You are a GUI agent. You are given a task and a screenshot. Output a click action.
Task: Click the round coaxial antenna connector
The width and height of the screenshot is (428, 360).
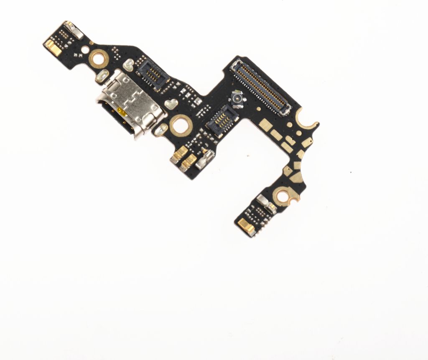(236, 100)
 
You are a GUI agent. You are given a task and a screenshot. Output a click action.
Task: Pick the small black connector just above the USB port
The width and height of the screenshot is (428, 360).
(152, 74)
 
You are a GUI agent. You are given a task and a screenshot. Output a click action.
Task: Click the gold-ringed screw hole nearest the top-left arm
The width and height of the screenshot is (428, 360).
(99, 58)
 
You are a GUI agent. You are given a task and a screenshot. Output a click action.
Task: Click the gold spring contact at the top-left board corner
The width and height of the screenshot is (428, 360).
(53, 47)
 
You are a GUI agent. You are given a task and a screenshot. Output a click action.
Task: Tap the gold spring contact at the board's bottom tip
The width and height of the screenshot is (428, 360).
(244, 226)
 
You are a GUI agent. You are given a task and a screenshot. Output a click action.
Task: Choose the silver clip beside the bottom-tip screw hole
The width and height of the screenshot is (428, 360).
(266, 204)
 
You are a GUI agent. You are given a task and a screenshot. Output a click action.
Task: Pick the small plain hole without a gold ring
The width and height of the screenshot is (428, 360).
(85, 50)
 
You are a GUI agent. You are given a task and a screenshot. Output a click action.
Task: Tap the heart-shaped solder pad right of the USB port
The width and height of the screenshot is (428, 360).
(170, 104)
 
